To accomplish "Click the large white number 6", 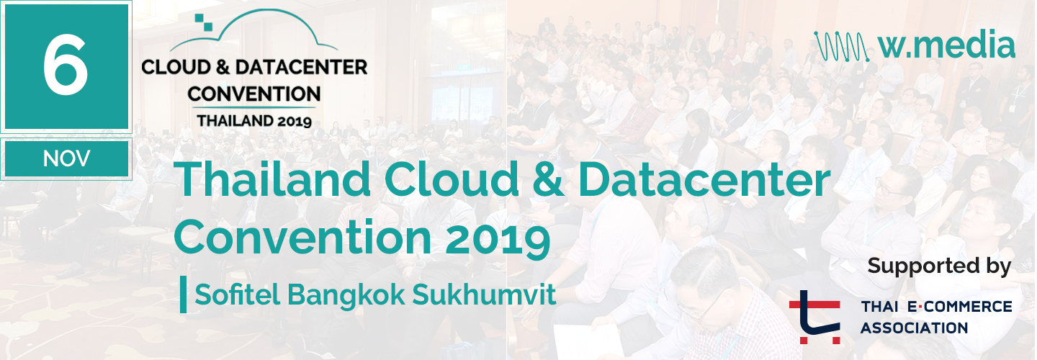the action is click(x=66, y=65).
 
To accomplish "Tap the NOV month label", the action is click(x=67, y=158).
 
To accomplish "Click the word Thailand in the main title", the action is click(x=272, y=179).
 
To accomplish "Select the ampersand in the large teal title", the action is click(x=548, y=180).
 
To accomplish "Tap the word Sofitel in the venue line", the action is click(x=237, y=294).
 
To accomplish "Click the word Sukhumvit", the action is click(x=484, y=294).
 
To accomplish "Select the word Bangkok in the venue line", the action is click(x=346, y=294).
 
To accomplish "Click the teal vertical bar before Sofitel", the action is click(x=184, y=294).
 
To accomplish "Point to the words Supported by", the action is click(x=939, y=266).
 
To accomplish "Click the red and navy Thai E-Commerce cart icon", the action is click(x=815, y=317).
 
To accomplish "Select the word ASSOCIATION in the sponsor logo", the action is click(x=915, y=328).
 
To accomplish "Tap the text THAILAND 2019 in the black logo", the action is click(x=254, y=121).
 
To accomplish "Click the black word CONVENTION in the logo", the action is click(x=253, y=94).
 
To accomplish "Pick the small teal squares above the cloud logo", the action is click(x=203, y=22).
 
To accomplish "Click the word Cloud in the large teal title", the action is click(x=452, y=179).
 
